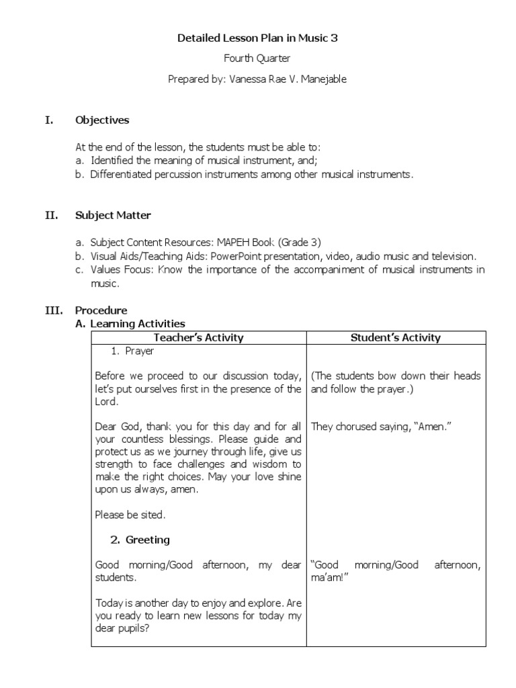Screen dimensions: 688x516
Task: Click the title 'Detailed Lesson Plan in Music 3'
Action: pyautogui.click(x=257, y=38)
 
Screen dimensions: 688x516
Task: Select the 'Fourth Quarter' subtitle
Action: pyautogui.click(x=257, y=58)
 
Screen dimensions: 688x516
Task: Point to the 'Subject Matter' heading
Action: pyautogui.click(x=113, y=216)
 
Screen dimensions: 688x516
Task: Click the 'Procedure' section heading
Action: pyautogui.click(x=101, y=310)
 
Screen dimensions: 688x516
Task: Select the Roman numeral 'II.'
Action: pyautogui.click(x=51, y=216)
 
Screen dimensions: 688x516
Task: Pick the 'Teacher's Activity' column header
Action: pyautogui.click(x=198, y=337)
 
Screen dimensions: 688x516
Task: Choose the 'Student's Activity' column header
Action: pyautogui.click(x=396, y=337)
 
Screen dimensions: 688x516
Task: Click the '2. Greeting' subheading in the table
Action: pyautogui.click(x=140, y=540)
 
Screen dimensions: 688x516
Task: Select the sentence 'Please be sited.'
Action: pyautogui.click(x=129, y=515)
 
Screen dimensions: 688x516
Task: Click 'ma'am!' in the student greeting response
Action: pyautogui.click(x=327, y=578)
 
